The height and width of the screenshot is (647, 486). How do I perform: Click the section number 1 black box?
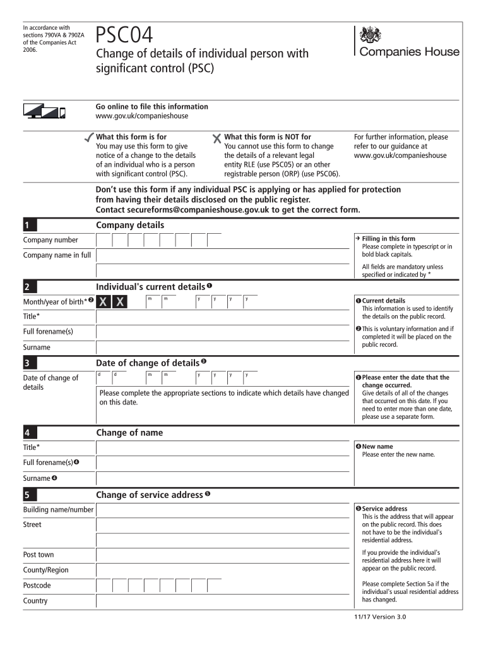click(x=55, y=226)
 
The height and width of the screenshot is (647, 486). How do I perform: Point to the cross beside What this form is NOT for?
click(x=217, y=138)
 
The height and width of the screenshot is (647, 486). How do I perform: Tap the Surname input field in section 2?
click(x=222, y=347)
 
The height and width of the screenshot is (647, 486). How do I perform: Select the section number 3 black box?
click(x=55, y=363)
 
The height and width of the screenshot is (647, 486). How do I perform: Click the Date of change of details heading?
click(x=148, y=363)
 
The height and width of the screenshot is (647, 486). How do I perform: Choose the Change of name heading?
click(x=129, y=433)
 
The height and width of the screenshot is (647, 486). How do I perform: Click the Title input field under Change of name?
click(x=222, y=447)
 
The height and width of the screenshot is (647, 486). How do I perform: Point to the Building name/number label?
click(x=58, y=509)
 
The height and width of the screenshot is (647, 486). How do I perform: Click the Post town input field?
click(x=222, y=555)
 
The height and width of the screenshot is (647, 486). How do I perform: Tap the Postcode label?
click(x=37, y=586)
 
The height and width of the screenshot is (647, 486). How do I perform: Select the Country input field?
click(x=222, y=600)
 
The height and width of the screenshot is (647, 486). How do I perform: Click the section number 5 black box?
click(x=55, y=495)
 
